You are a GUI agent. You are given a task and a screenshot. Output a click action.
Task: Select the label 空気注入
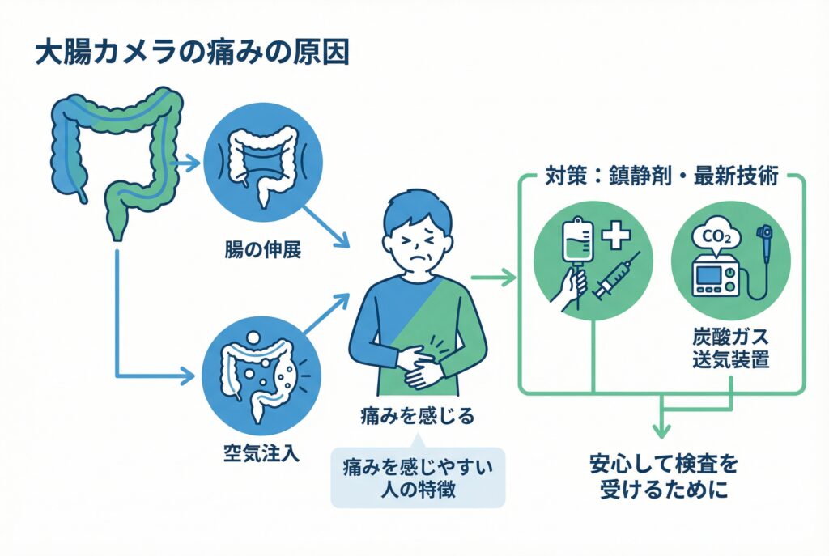point(261,452)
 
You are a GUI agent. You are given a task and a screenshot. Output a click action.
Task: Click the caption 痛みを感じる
point(417,417)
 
